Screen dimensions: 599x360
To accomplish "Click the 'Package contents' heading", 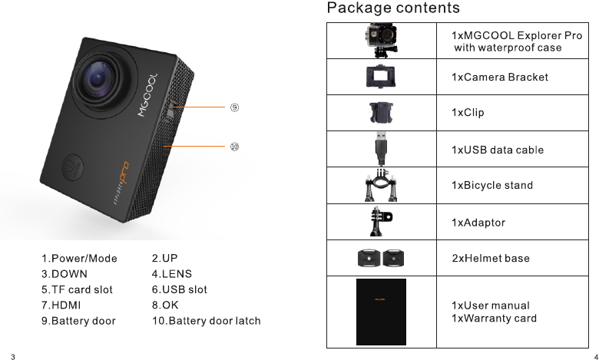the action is click(393, 8).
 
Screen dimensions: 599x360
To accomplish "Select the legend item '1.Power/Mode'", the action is click(79, 258).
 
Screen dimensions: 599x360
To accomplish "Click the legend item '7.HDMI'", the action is click(61, 305).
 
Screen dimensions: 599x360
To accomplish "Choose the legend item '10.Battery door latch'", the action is click(207, 320).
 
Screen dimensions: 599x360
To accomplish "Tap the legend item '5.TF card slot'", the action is click(77, 289).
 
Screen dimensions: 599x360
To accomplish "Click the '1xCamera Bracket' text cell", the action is click(500, 77).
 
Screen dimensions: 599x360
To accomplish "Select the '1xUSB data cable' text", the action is click(498, 149).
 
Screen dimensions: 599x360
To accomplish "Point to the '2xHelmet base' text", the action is click(490, 258).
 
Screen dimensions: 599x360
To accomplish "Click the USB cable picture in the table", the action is click(381, 149).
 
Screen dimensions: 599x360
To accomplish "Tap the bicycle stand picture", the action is click(381, 185).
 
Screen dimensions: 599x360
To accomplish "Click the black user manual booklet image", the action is click(381, 312).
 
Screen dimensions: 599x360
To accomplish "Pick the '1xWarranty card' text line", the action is click(494, 319).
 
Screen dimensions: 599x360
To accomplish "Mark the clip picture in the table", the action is click(381, 113).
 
